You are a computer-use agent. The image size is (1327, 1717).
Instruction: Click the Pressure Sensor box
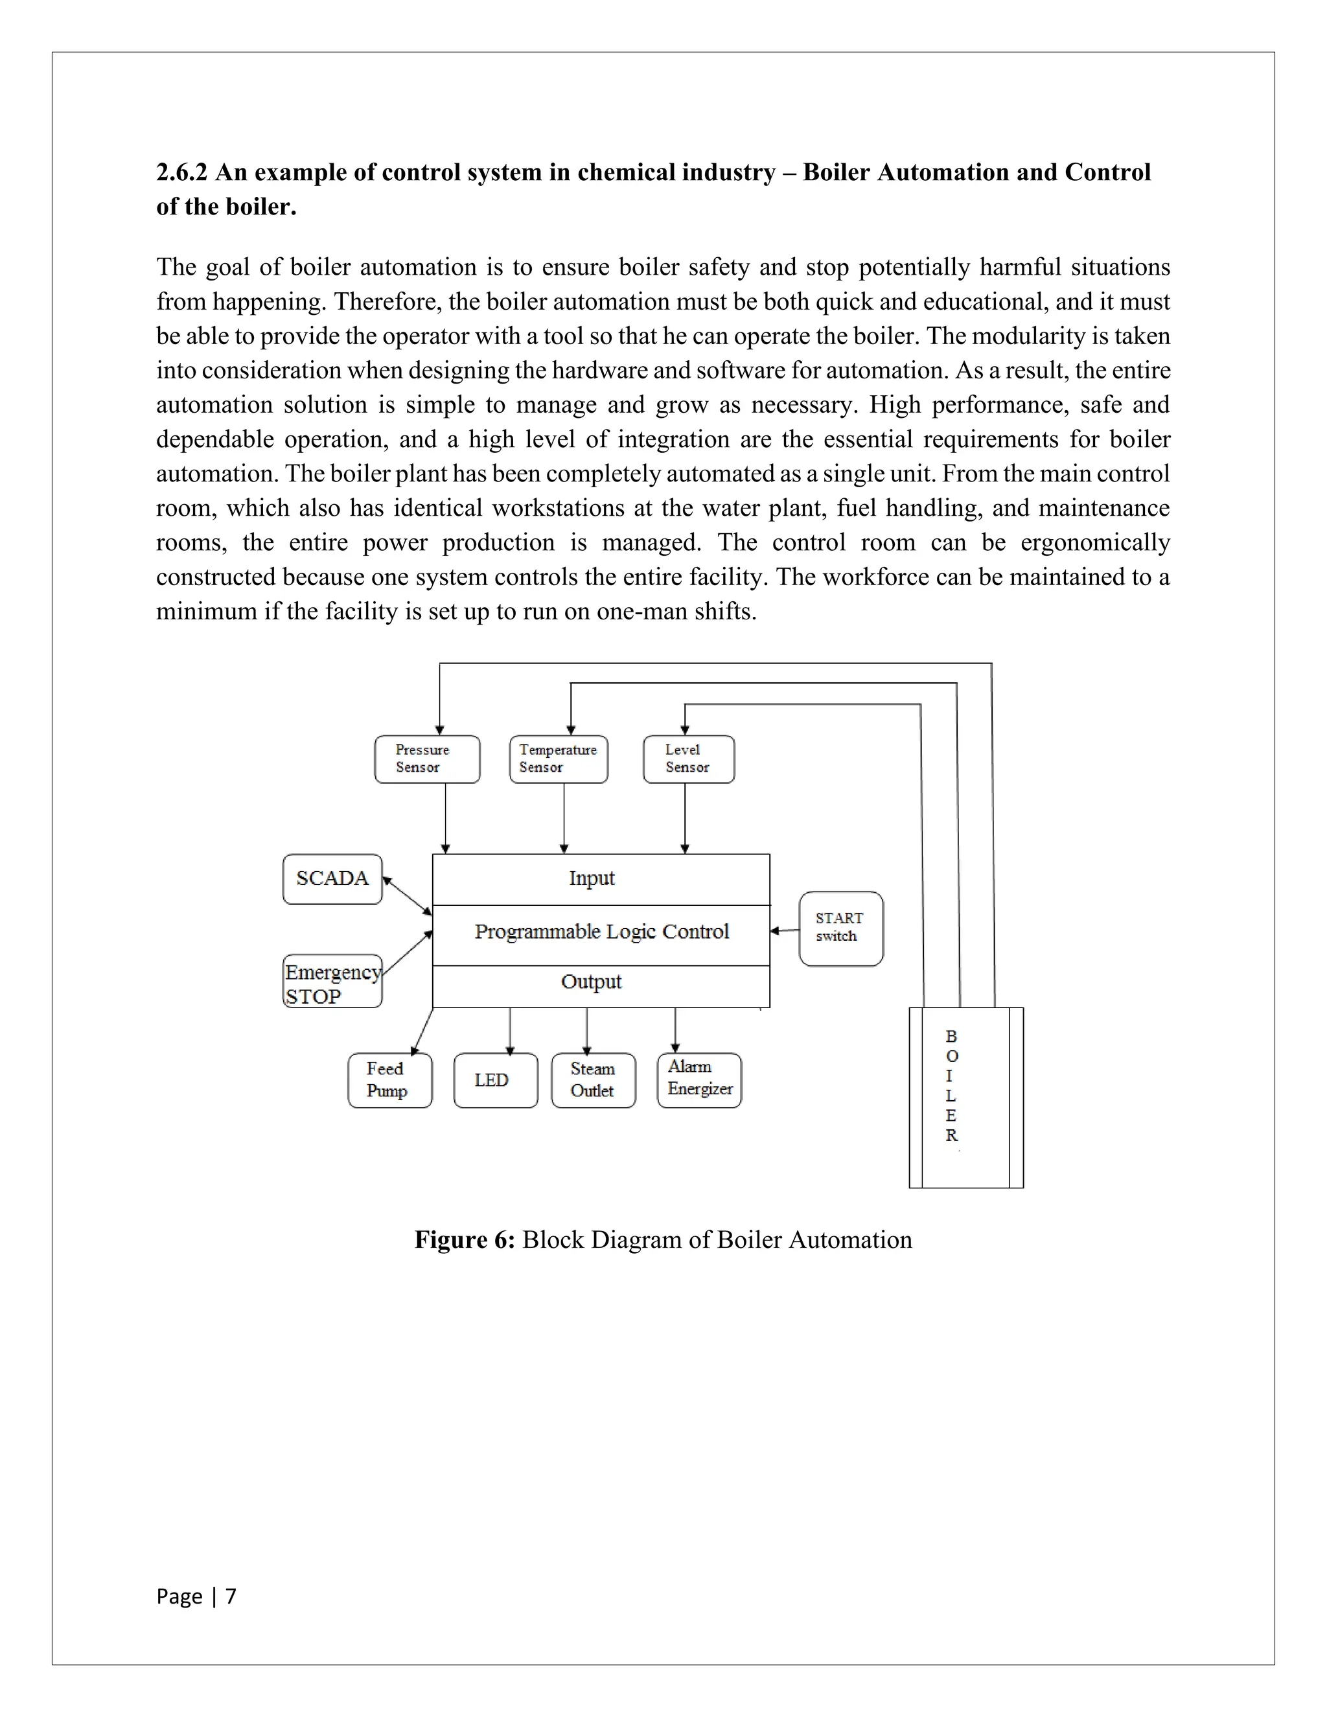(427, 759)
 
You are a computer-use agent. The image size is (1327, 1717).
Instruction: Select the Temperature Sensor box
(558, 759)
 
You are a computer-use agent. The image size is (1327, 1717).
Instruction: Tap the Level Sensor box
(689, 759)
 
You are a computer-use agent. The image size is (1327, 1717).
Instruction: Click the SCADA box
(332, 879)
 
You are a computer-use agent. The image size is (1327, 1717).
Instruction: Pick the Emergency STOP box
(332, 982)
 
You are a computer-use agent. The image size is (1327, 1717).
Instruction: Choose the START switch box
(840, 928)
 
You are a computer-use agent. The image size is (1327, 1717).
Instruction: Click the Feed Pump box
(389, 1080)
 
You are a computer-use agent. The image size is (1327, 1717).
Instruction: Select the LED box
(495, 1080)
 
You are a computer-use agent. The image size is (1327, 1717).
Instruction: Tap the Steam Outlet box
(593, 1080)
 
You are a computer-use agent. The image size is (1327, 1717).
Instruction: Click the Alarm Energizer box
(699, 1079)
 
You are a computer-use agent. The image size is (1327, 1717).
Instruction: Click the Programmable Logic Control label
(601, 932)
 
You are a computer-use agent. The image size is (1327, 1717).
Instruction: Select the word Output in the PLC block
(591, 982)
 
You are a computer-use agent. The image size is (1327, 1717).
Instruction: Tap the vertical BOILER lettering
(951, 1086)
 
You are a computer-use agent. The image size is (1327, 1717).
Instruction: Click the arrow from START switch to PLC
(785, 931)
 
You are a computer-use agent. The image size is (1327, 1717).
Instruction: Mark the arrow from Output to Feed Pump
(422, 1031)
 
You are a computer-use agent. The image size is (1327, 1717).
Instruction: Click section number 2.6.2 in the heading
(181, 172)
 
